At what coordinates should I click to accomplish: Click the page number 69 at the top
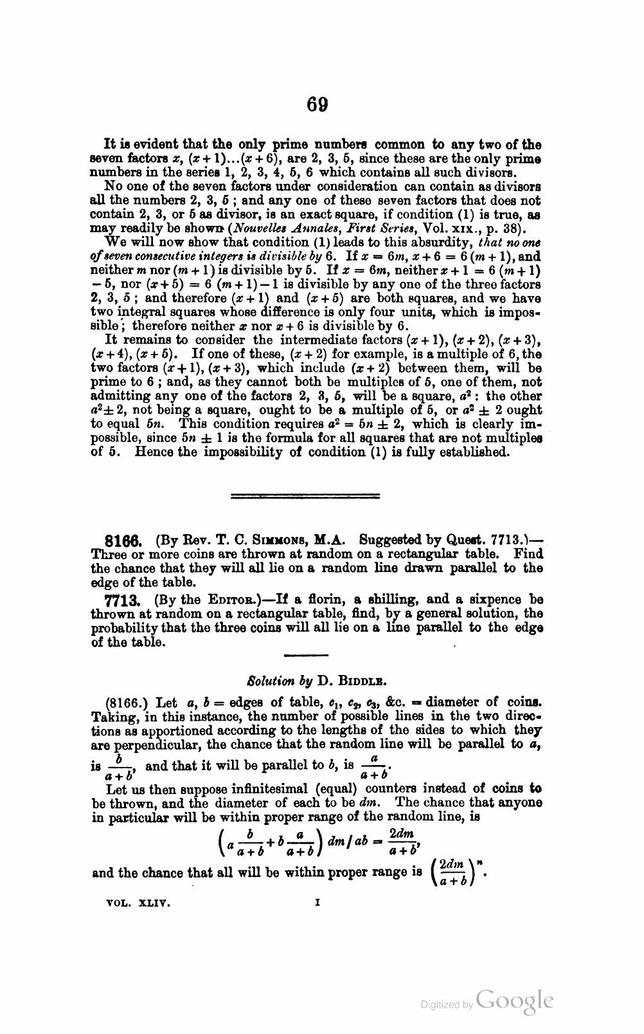click(x=318, y=104)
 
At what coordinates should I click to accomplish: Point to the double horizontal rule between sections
click(x=305, y=495)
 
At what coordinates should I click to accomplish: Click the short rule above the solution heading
click(x=306, y=655)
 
